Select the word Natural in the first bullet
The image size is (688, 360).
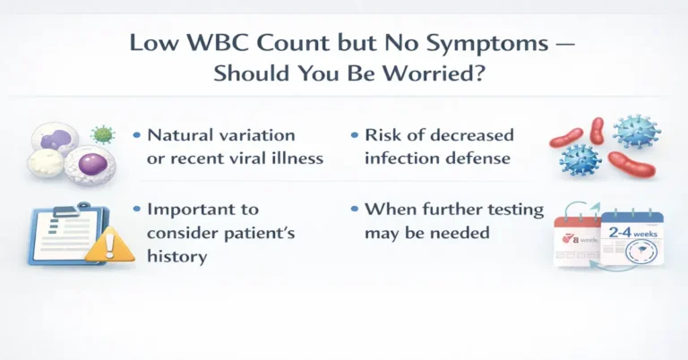click(177, 135)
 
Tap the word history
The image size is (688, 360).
click(176, 256)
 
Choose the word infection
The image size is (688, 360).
click(399, 158)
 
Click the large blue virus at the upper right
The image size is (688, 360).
click(637, 132)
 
